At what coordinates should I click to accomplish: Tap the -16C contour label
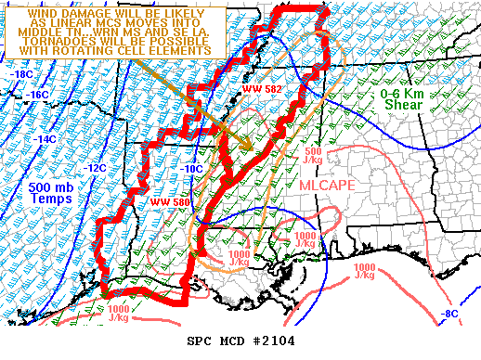coord(37,95)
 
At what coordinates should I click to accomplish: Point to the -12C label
coord(96,168)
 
